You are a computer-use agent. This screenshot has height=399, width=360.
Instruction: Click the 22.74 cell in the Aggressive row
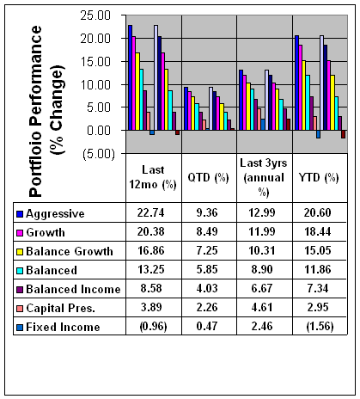click(x=150, y=212)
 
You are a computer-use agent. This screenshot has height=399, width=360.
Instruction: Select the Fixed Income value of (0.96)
click(x=153, y=327)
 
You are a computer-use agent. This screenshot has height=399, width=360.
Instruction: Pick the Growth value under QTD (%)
click(x=207, y=231)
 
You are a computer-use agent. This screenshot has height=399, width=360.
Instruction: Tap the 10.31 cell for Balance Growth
click(x=262, y=250)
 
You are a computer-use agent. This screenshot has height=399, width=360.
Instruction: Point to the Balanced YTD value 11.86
click(x=318, y=269)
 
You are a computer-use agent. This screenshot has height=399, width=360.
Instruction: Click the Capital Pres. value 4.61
click(x=262, y=307)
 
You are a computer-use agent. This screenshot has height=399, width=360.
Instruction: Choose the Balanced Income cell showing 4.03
click(x=207, y=288)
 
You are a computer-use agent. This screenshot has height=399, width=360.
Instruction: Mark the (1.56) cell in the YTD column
click(x=320, y=327)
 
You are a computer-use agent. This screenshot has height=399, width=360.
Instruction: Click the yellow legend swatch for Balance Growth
click(x=20, y=252)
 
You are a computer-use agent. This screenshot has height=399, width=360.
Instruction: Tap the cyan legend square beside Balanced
click(x=20, y=271)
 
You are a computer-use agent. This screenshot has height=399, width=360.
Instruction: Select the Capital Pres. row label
click(x=60, y=309)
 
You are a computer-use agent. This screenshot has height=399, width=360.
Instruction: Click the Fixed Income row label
click(x=63, y=327)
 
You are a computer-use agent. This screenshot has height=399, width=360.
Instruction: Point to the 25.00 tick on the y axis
click(x=95, y=15)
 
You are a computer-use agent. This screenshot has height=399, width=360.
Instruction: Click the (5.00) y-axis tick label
click(x=99, y=154)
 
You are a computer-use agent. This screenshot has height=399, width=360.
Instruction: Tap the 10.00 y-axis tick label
click(x=95, y=85)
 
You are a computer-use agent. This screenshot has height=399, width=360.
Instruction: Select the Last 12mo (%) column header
click(x=153, y=178)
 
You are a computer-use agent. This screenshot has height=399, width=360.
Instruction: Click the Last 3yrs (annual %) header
click(x=264, y=178)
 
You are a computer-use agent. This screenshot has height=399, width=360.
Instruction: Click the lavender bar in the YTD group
click(x=321, y=83)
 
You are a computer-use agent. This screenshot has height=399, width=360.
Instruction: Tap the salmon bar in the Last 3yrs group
click(x=259, y=120)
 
